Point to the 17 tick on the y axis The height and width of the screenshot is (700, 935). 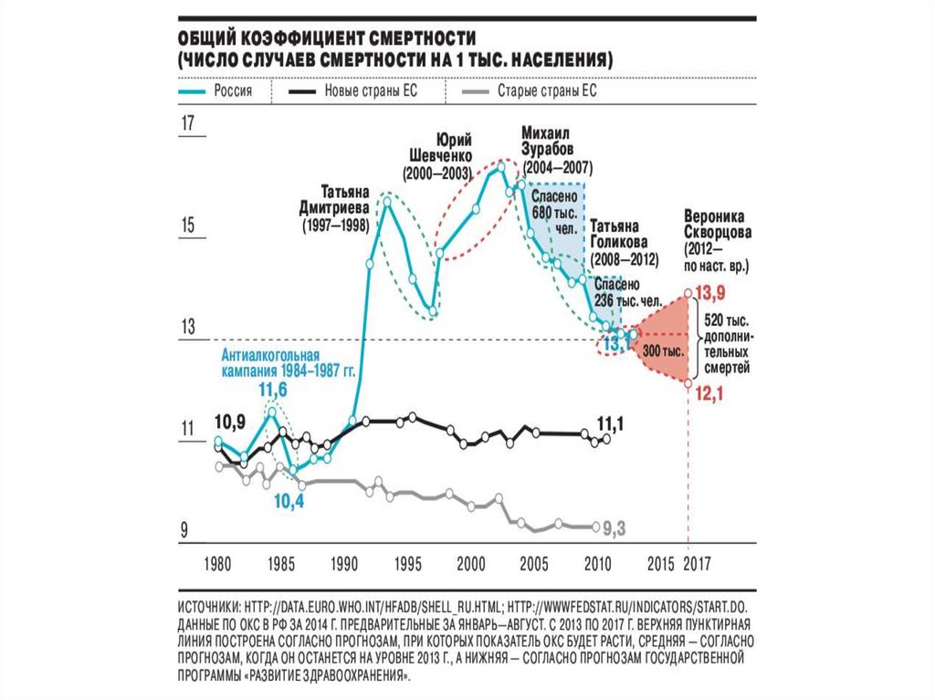pyautogui.click(x=189, y=126)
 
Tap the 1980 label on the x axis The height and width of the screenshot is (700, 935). pyautogui.click(x=217, y=562)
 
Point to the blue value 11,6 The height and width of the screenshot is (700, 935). pyautogui.click(x=273, y=390)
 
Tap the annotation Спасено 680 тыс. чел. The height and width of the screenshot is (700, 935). pyautogui.click(x=555, y=213)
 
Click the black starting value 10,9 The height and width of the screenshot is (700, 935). pyautogui.click(x=228, y=422)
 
